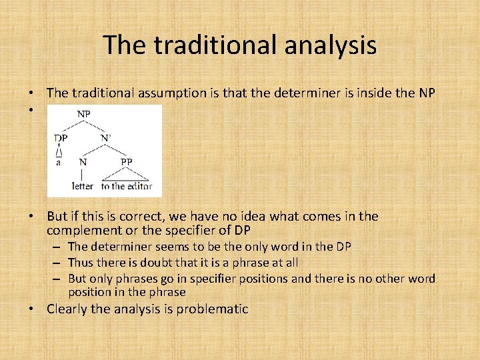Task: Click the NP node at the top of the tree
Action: click(x=83, y=114)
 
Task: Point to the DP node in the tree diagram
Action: click(x=61, y=138)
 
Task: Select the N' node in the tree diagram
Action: click(x=105, y=138)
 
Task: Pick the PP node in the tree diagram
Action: click(x=126, y=162)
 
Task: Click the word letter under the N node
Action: click(x=83, y=187)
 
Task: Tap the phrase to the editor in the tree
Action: click(x=127, y=187)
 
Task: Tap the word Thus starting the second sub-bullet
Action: click(x=81, y=263)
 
